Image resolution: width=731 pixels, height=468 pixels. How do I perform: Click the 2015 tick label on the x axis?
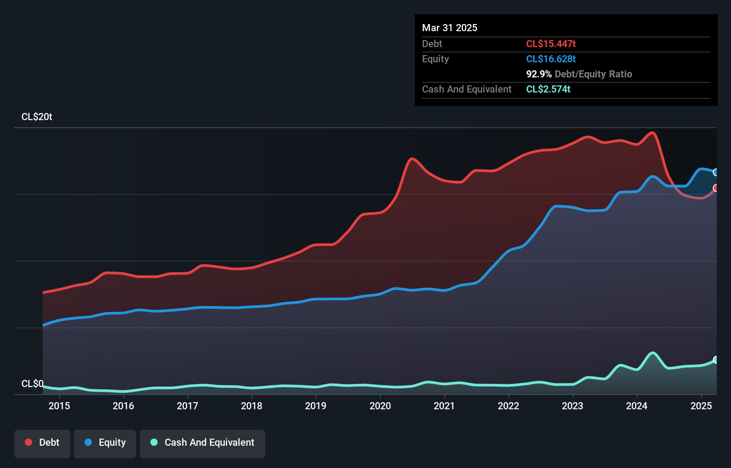pos(59,406)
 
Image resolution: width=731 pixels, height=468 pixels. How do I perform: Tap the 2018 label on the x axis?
pos(252,406)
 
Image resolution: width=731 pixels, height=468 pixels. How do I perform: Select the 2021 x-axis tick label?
pos(444,406)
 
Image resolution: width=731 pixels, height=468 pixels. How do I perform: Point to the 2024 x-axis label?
pos(637,406)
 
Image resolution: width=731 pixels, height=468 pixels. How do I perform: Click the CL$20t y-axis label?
pos(37,117)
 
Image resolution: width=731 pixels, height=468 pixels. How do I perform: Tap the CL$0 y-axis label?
pos(32,383)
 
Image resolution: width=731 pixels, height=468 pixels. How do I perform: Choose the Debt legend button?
pos(42,443)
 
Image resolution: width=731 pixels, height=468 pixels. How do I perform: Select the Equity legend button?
pos(105,443)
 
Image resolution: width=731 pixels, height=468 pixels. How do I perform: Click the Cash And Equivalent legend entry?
pos(203,443)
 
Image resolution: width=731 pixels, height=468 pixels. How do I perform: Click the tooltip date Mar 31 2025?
pos(450,28)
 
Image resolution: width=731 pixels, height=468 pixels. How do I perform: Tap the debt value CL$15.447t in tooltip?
pos(551,44)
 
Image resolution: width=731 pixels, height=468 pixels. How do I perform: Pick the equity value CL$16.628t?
pos(551,59)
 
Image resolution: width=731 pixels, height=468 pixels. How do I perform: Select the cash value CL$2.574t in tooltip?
pos(548,89)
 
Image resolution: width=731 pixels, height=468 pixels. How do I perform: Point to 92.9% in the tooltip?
pos(539,74)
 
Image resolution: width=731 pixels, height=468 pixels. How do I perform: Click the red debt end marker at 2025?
pos(716,188)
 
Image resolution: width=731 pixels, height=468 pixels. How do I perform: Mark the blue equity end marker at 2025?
pos(716,172)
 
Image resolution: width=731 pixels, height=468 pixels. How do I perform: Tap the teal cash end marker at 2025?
pos(716,359)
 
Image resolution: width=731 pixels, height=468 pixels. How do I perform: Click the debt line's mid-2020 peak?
pos(411,158)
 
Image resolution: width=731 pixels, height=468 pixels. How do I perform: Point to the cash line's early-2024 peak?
pos(653,353)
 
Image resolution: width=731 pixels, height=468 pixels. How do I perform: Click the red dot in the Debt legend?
pos(28,442)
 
